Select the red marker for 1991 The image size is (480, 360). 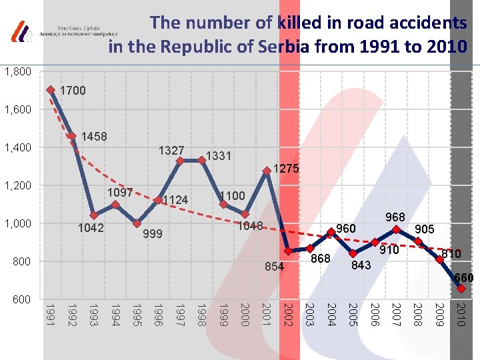tap(51, 89)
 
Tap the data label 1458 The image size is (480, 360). tap(94, 137)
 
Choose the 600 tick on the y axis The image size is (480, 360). tap(23, 299)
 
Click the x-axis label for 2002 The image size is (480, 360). tap(288, 314)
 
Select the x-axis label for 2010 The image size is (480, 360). tap(460, 314)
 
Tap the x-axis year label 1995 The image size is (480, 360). tap(137, 314)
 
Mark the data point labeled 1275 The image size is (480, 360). tap(267, 171)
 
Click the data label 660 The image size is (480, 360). tap(464, 277)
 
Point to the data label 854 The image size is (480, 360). tap(273, 267)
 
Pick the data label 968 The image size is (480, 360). tap(395, 218)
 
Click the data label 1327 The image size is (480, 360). tap(171, 151)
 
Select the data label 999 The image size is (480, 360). tap(153, 234)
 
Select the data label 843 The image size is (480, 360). tap(362, 265)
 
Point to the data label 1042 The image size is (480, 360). tap(91, 228)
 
